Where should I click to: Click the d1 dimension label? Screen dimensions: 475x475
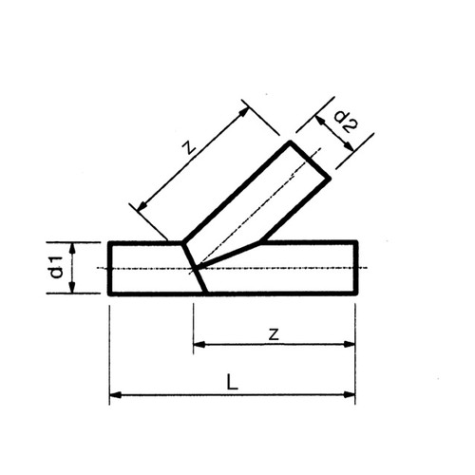click(57, 268)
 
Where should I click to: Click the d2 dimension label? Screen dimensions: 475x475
click(346, 122)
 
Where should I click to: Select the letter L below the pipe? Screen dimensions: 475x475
click(232, 382)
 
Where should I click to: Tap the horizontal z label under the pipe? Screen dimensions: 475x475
click(274, 334)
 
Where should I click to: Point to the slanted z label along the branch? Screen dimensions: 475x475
click(190, 147)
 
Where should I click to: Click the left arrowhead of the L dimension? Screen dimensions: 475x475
click(115, 394)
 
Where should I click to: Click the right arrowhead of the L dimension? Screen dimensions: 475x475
click(350, 394)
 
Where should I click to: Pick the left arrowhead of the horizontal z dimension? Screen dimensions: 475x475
click(199, 344)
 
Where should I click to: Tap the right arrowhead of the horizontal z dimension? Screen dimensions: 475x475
click(350, 344)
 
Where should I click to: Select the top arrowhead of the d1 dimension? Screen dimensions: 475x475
click(73, 248)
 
